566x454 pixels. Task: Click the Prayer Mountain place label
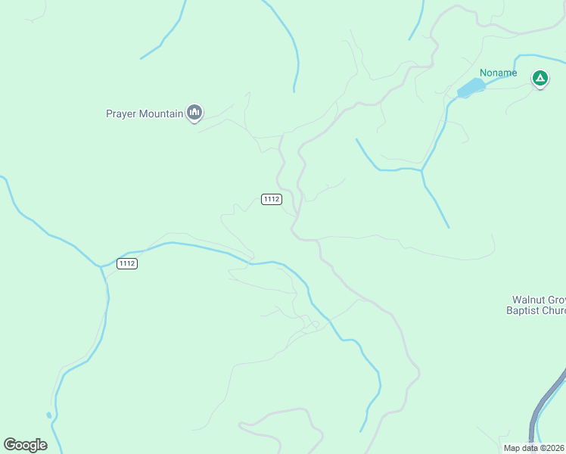145,114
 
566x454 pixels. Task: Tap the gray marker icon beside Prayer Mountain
194,113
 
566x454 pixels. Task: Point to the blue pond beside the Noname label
471,88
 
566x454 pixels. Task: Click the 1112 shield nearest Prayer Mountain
272,199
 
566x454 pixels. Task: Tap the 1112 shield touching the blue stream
127,263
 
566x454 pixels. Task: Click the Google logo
25,444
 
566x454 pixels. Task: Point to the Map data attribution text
533,448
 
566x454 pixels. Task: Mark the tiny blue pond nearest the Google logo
48,415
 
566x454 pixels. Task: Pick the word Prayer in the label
121,114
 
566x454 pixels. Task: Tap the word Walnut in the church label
527,299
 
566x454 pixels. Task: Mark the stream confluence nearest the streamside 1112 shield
101,266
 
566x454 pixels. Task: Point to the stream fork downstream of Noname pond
421,170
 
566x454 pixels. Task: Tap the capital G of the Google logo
11,444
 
